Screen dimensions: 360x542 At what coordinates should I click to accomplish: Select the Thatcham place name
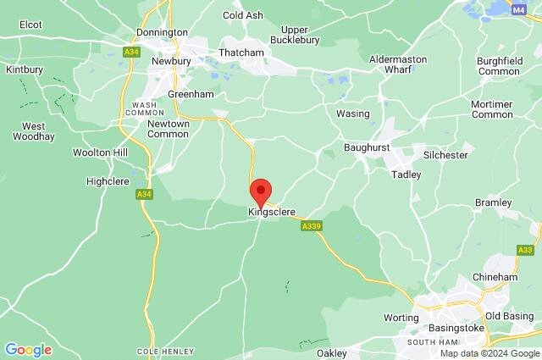click(x=241, y=53)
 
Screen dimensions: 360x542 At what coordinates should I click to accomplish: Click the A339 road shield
click(x=311, y=225)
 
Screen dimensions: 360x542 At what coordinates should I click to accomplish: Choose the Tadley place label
click(x=406, y=174)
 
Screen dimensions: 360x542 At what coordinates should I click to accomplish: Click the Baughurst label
click(x=367, y=147)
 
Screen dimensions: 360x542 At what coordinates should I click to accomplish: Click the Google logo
click(x=28, y=350)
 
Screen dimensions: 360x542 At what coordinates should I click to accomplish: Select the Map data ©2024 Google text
click(x=489, y=353)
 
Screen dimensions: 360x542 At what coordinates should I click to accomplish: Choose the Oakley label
click(x=332, y=352)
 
